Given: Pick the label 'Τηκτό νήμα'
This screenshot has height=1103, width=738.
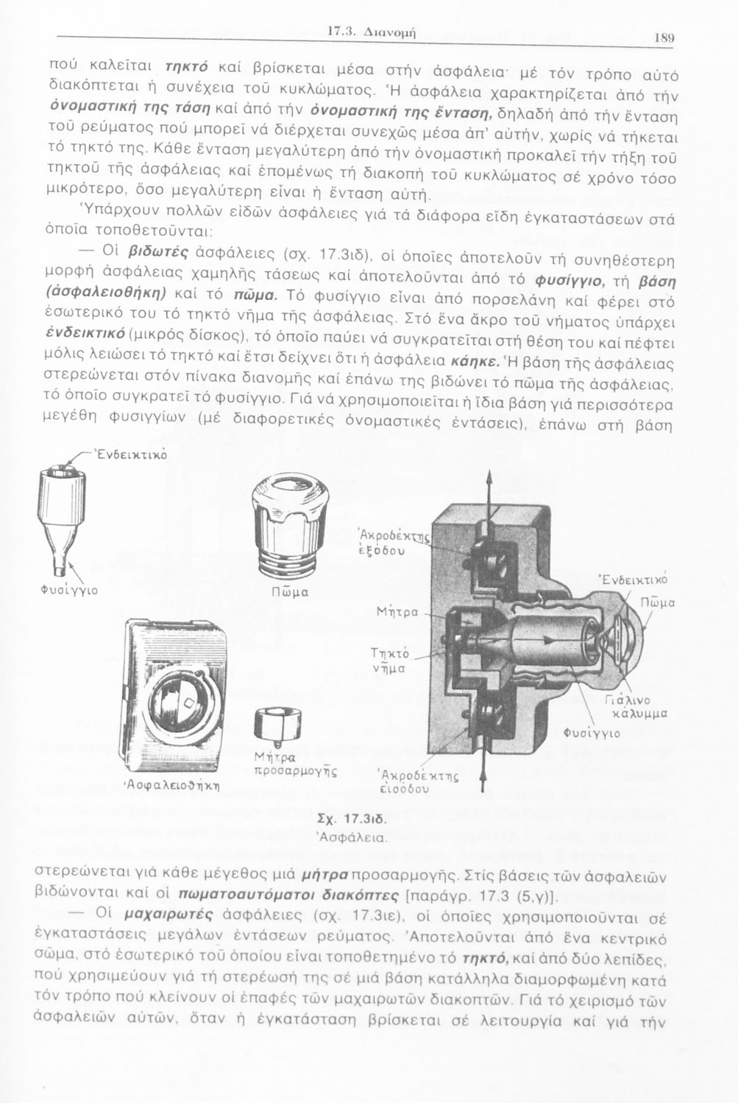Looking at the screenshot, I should [391, 662].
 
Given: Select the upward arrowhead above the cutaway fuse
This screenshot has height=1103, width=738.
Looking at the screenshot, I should [486, 479].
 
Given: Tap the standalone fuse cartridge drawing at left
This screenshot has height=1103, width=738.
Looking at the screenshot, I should [57, 515].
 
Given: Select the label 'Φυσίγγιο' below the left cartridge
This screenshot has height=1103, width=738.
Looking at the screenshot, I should [69, 590].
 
